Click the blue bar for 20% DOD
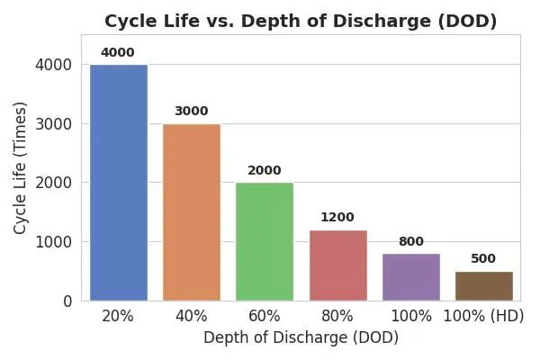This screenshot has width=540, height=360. pos(118,183)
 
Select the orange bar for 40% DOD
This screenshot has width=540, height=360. pos(192,212)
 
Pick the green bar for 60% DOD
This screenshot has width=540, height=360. pos(265,241)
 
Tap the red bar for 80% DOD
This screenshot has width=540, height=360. pos(337,265)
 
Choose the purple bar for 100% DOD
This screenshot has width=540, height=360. pos(410,277)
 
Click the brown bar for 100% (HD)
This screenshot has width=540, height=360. pos(483,286)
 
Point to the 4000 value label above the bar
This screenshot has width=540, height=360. pos(118,53)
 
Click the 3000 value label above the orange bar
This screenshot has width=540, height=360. pos(191,112)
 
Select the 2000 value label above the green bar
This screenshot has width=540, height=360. pos(265,171)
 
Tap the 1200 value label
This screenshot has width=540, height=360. pos(337,218)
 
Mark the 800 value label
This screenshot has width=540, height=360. pos(410,242)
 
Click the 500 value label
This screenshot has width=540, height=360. pos(483,259)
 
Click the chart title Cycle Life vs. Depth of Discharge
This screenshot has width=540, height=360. pos(301,21)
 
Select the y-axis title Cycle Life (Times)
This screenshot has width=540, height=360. pos(21,167)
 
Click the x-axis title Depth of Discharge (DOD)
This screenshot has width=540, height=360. pos(301,338)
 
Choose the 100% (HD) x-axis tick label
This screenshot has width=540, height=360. pos(483,317)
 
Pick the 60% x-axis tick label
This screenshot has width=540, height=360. pos(265,317)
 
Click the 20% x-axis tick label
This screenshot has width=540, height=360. pos(118,317)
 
